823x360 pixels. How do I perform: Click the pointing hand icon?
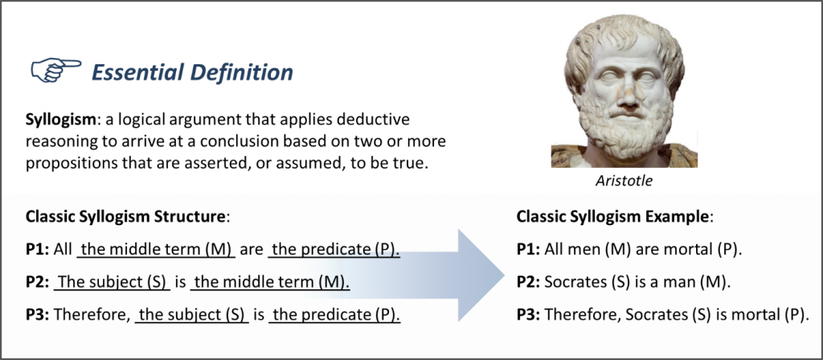(55, 71)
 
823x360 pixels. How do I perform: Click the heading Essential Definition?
(192, 72)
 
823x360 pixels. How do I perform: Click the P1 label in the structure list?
(37, 250)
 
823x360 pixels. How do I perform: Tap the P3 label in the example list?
(528, 314)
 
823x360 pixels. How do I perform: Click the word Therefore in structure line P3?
(90, 314)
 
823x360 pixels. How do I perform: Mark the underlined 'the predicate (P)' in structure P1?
(334, 250)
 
